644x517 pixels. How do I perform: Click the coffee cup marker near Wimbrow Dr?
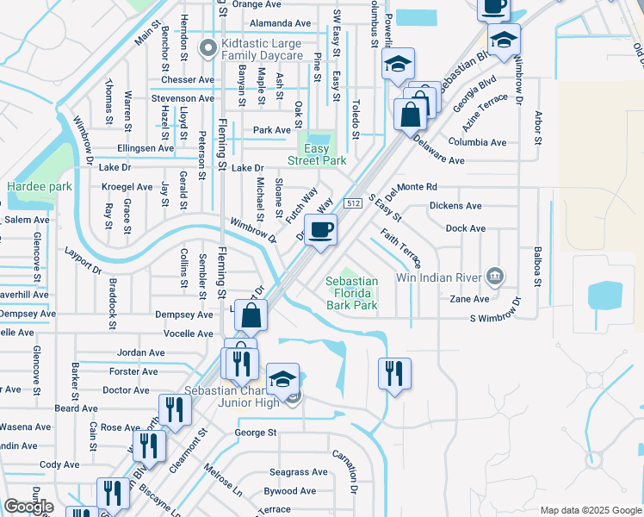pyautogui.click(x=320, y=230)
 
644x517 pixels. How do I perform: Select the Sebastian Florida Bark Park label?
pyautogui.click(x=351, y=293)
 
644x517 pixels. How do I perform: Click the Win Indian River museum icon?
pyautogui.click(x=494, y=277)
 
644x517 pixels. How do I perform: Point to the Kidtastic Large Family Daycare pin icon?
pyautogui.click(x=207, y=49)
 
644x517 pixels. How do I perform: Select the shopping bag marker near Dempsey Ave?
pyautogui.click(x=250, y=316)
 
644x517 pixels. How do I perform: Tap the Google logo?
pyautogui.click(x=28, y=507)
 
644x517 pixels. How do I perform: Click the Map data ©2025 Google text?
pyautogui.click(x=591, y=510)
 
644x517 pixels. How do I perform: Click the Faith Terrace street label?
pyautogui.click(x=400, y=247)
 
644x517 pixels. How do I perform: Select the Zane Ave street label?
pyautogui.click(x=469, y=299)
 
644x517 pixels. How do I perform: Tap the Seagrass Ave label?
pyautogui.click(x=298, y=472)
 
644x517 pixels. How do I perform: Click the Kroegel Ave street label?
pyautogui.click(x=127, y=187)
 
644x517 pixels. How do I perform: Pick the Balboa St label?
pyautogui.click(x=538, y=265)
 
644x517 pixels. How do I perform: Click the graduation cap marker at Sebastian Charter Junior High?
pyautogui.click(x=283, y=378)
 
